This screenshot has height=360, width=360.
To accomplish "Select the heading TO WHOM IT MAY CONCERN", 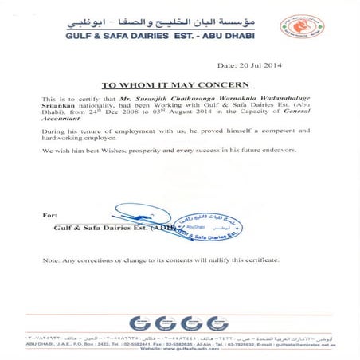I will (x=179, y=84).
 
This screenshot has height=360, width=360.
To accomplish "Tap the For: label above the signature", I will (x=49, y=215).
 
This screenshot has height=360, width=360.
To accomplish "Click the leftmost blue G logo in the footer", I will (x=139, y=323).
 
